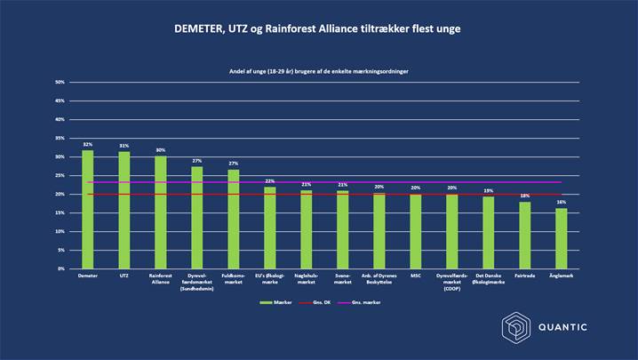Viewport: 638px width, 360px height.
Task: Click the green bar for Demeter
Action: coord(87,209)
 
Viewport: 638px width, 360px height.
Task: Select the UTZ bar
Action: coord(124,210)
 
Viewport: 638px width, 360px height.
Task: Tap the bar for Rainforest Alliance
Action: coord(160,212)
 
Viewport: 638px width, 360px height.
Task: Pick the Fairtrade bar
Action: coord(525,235)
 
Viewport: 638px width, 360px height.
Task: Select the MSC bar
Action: coord(416,231)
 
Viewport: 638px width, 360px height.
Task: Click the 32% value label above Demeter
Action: coord(87,144)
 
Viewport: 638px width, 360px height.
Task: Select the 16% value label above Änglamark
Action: coord(562,203)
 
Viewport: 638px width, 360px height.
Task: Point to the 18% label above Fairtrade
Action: coord(525,196)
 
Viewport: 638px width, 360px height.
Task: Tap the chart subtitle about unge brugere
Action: coord(319,69)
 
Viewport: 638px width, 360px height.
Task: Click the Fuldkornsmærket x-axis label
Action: coord(233,278)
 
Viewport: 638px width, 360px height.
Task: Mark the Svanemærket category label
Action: coord(343,278)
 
